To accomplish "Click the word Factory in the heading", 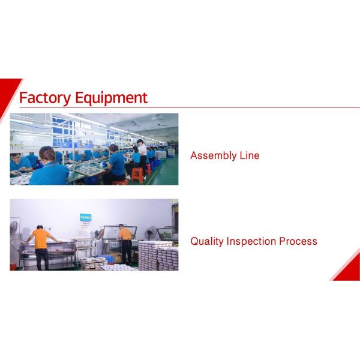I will coord(45,98).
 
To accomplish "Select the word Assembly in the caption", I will coord(212,156).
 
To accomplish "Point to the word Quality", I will coord(208,242).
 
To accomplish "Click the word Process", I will coord(299,241).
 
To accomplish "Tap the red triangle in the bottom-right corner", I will coord(350,269).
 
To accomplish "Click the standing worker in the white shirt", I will coord(142,155).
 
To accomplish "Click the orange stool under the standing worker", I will coord(137,175).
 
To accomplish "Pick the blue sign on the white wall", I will coord(86,218).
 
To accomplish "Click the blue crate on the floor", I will coord(107,259).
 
